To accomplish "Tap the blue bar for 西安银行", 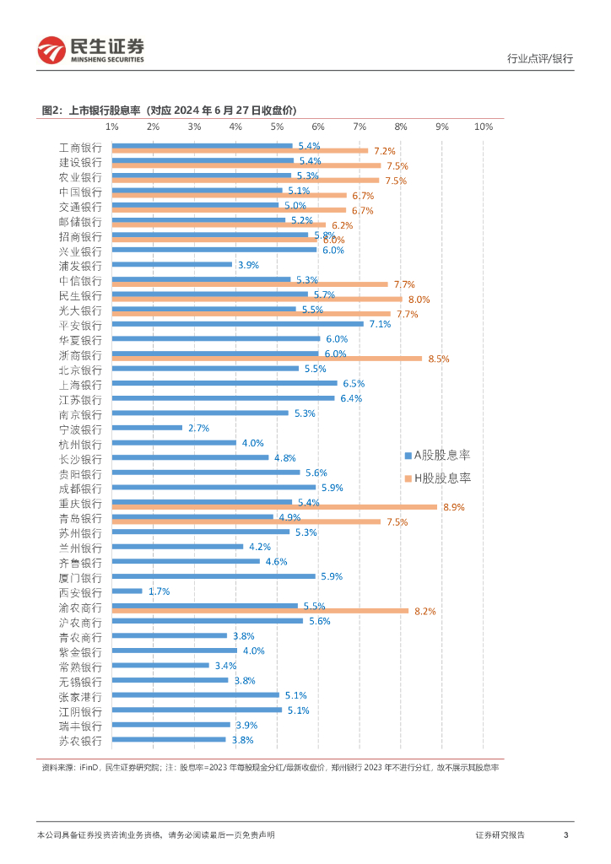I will click(x=127, y=591).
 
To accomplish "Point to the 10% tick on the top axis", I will click(x=483, y=126).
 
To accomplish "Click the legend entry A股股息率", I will click(x=437, y=456).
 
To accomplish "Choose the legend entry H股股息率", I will click(x=437, y=478).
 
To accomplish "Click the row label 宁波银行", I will click(x=80, y=429).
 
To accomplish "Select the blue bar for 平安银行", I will click(x=237, y=323).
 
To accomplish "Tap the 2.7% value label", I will click(x=198, y=429).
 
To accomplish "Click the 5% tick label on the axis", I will click(x=276, y=126).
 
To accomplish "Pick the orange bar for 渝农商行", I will click(x=260, y=610).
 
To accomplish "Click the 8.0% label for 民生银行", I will click(x=419, y=300).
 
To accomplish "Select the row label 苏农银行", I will click(x=80, y=741).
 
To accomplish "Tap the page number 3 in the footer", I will click(x=565, y=834).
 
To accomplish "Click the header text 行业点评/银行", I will click(x=540, y=58).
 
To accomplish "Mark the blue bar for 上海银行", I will click(x=224, y=383).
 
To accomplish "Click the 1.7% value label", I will click(x=159, y=591).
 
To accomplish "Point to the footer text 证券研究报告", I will click(x=500, y=834).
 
